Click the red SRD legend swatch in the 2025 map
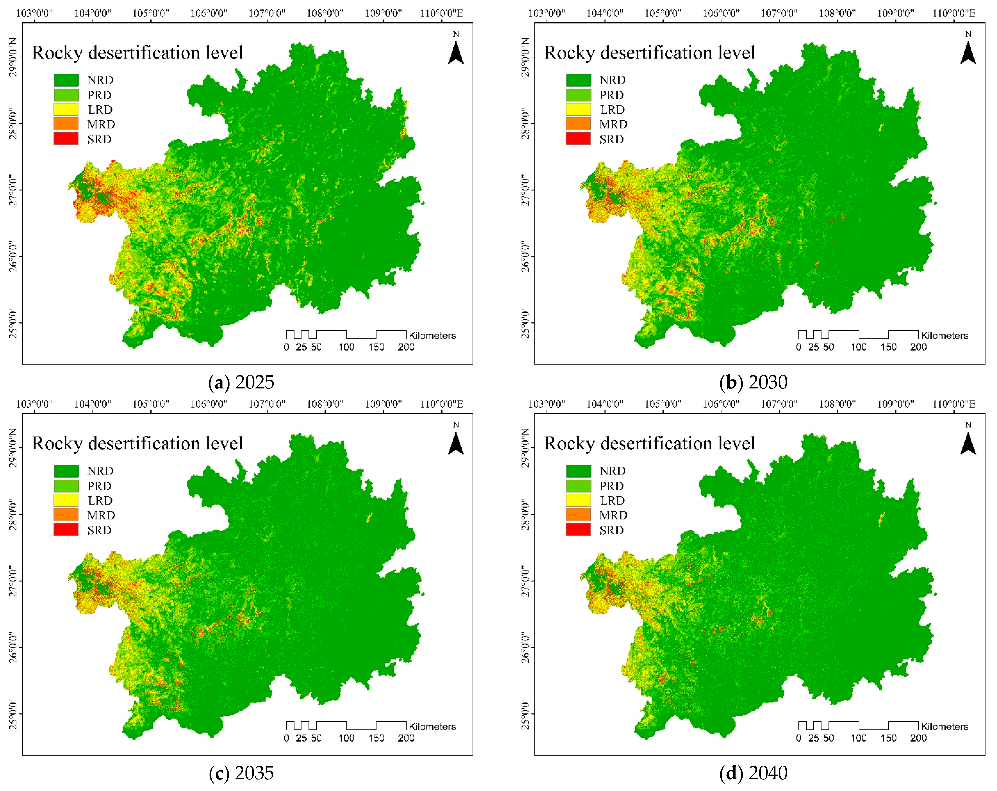[x=66, y=139]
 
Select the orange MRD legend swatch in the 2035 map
[x=66, y=515]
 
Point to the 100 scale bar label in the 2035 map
[x=346, y=738]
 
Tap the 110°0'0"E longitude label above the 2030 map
[x=954, y=13]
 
